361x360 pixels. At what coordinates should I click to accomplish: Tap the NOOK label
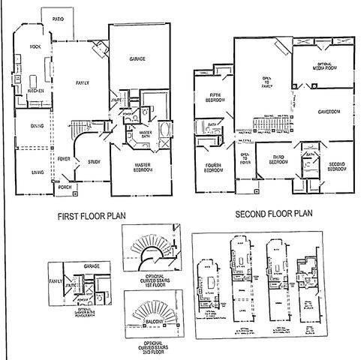pos(34,46)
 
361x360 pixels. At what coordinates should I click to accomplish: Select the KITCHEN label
pos(35,91)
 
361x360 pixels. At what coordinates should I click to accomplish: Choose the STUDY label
pos(93,161)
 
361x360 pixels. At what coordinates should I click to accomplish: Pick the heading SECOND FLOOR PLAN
pos(272,214)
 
